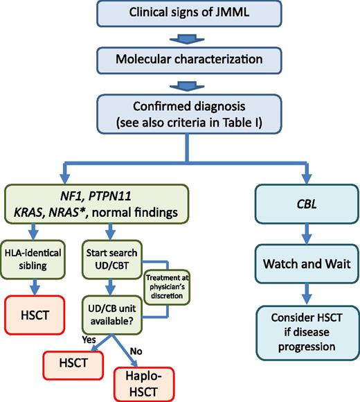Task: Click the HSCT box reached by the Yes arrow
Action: tap(69, 361)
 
